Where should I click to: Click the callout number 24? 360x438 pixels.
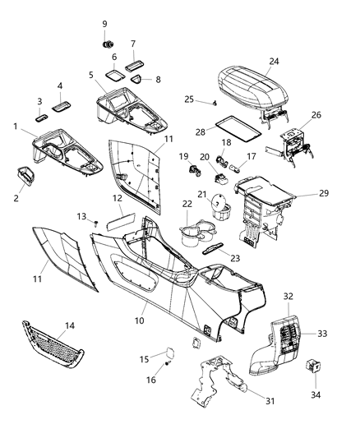point(274,60)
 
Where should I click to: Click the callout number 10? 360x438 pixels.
point(140,319)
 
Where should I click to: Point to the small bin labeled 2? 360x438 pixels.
point(27,176)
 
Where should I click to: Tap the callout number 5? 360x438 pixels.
point(91,76)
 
